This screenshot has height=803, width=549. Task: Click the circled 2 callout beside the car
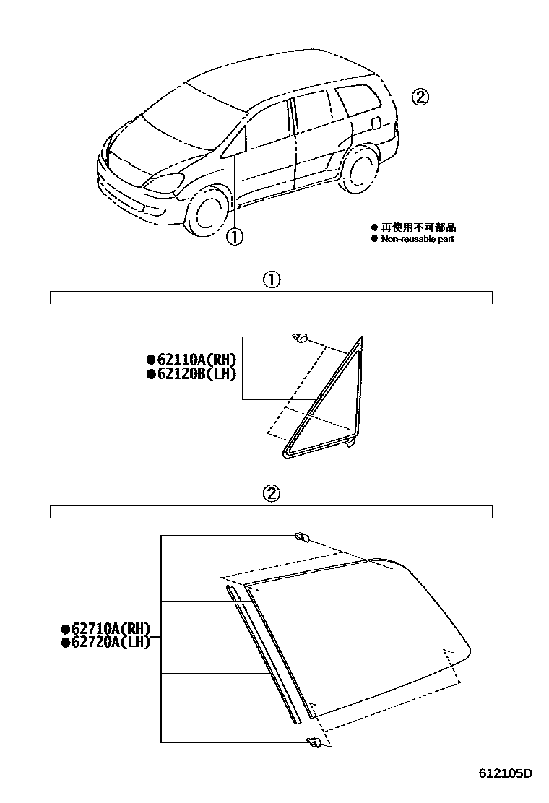tap(420, 96)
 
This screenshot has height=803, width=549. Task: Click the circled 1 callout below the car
tap(235, 236)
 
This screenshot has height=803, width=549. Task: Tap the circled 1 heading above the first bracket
tap(271, 279)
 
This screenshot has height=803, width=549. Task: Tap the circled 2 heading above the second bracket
tap(271, 494)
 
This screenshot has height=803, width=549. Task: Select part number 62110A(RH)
tap(192, 360)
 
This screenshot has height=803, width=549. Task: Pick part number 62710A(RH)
tap(106, 628)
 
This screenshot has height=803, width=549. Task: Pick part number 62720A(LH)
tap(106, 641)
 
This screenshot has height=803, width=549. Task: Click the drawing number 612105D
tap(505, 773)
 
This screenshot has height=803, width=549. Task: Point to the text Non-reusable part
tap(418, 239)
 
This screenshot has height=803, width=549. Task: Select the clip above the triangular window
tap(301, 337)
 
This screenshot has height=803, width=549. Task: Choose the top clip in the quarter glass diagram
tap(301, 536)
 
